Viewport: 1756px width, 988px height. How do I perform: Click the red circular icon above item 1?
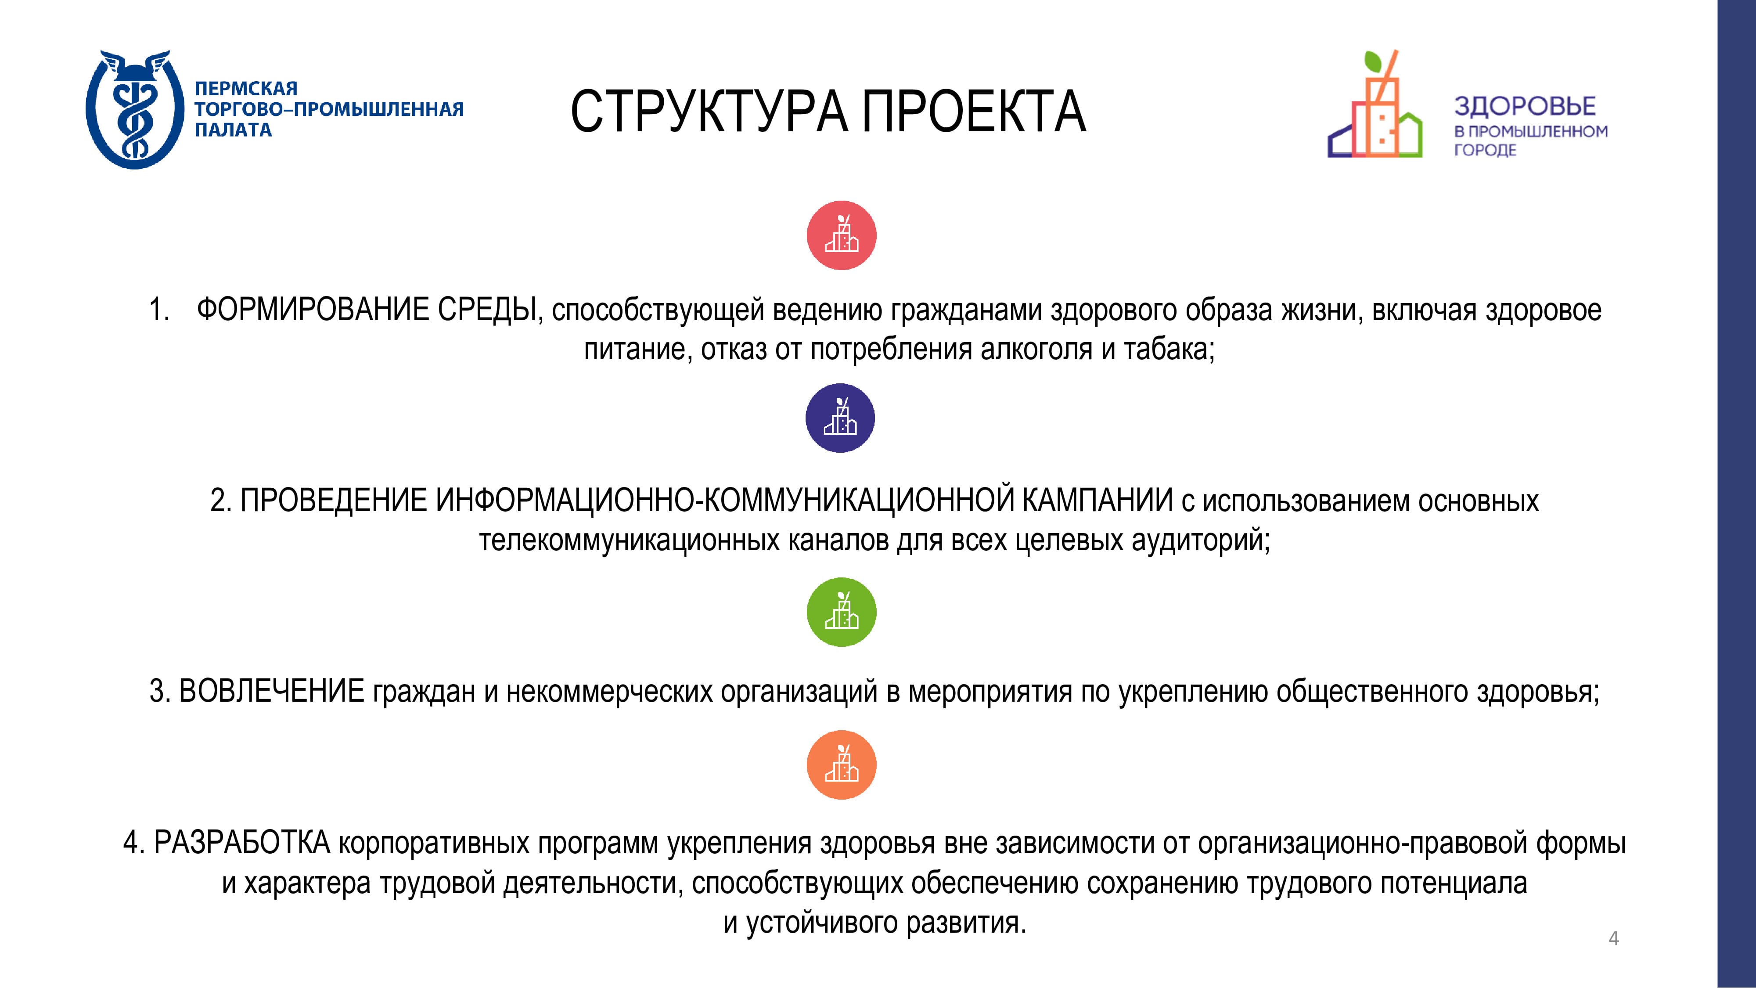coord(841,235)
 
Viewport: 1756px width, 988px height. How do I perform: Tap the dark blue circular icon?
coord(840,418)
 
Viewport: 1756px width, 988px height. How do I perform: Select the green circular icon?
coord(841,612)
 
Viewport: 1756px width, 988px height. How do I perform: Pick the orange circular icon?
coord(841,764)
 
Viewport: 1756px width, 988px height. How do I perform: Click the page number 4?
coord(1613,938)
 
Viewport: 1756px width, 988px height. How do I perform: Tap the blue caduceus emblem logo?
coord(135,109)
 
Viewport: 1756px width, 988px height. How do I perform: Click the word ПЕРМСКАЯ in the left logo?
coord(246,89)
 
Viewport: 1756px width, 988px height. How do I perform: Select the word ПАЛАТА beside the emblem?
coord(233,130)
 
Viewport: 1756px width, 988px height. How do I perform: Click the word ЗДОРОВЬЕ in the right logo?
coord(1525,106)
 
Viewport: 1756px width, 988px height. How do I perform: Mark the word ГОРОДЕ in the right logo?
coord(1486,150)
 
